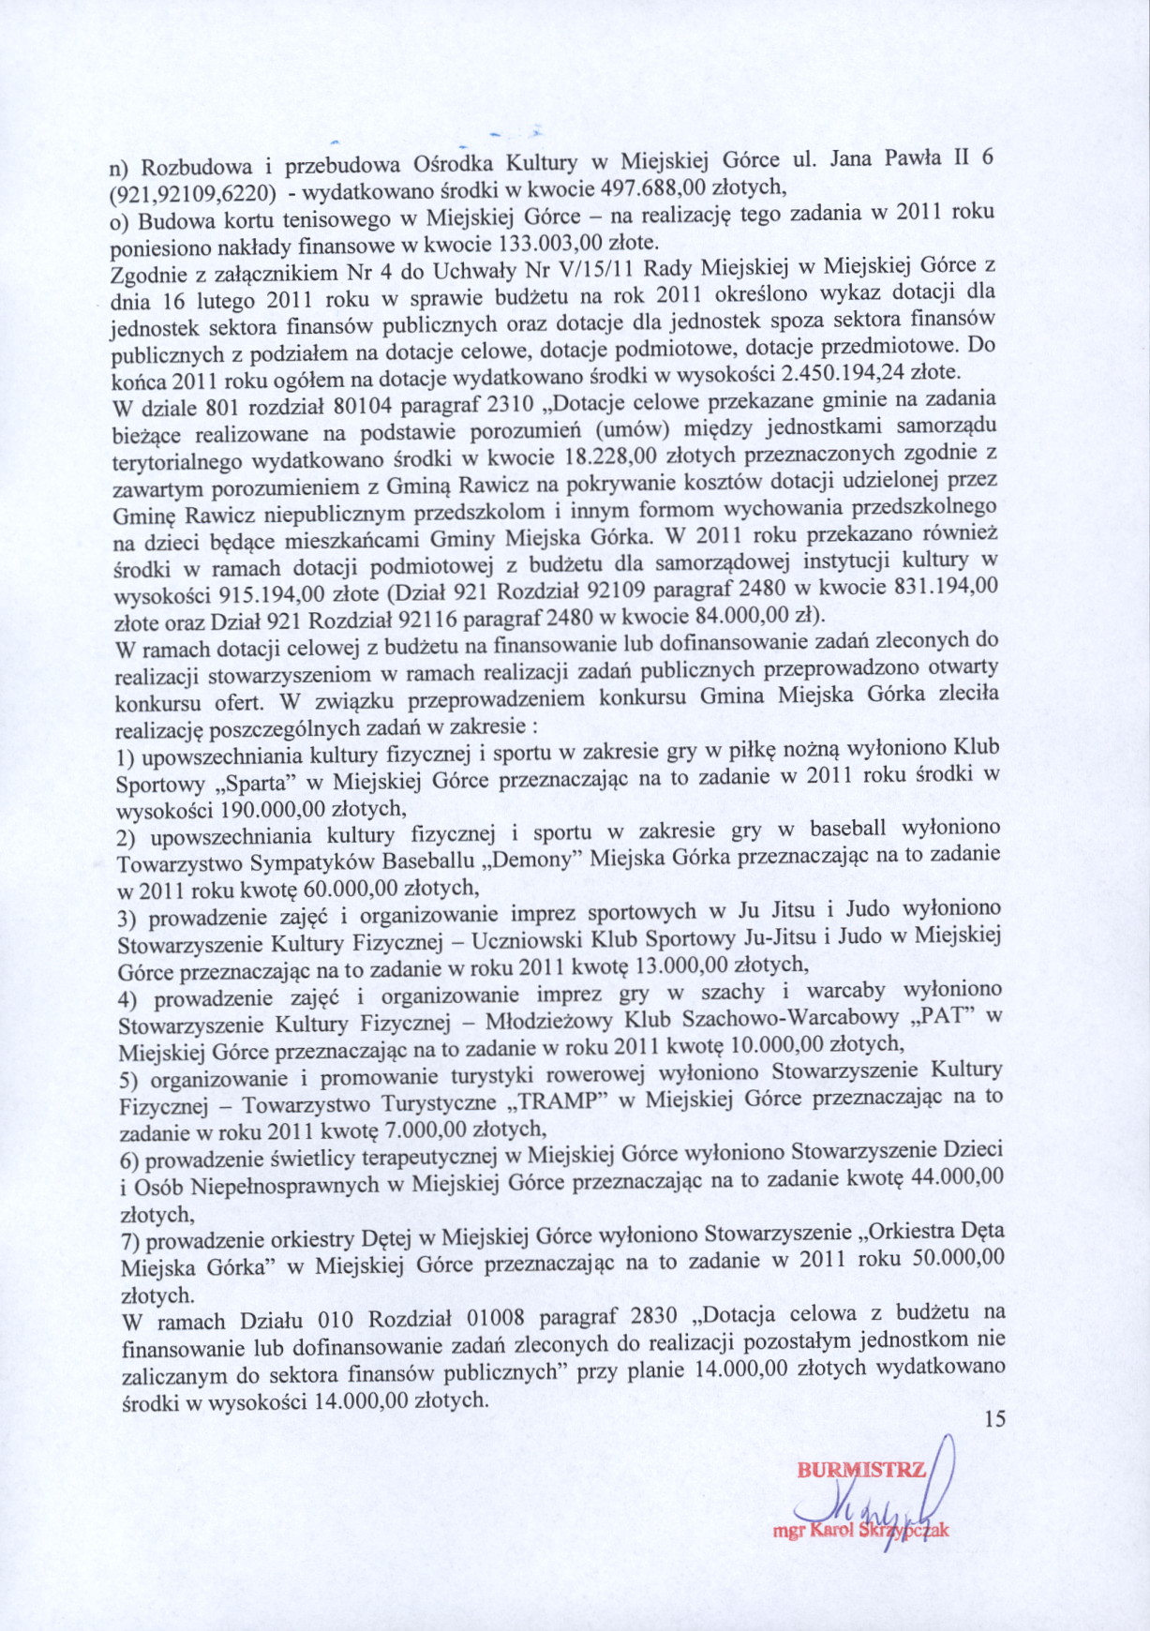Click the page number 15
click(994, 1419)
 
